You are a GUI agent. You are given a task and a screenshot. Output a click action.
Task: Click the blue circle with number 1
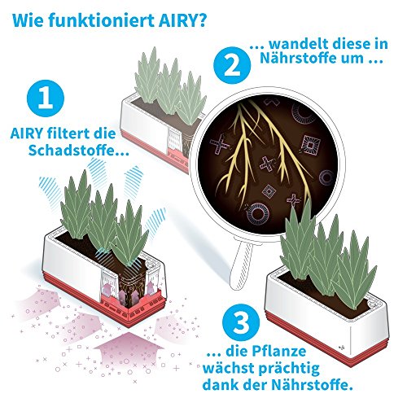pyautogui.click(x=46, y=98)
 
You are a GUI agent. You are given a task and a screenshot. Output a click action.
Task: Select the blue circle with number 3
pyautogui.click(x=241, y=322)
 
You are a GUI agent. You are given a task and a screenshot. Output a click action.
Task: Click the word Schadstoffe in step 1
pyautogui.click(x=72, y=150)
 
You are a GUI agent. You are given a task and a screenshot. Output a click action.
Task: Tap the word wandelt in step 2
pyautogui.click(x=300, y=44)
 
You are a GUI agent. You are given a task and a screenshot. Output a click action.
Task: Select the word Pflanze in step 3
pyautogui.click(x=279, y=351)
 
